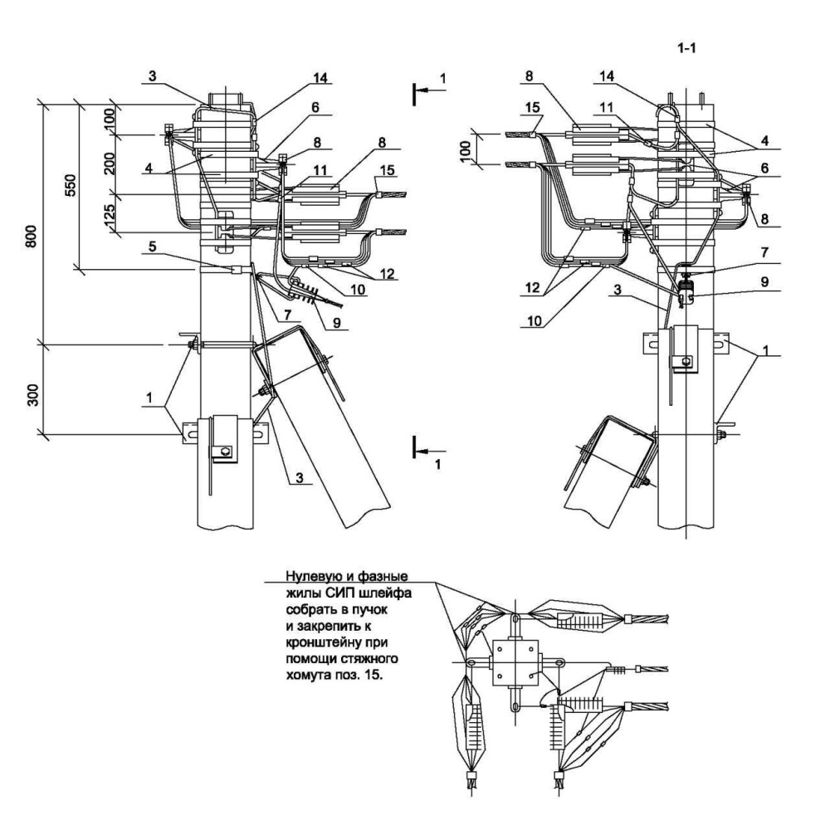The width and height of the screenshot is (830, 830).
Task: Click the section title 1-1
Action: click(686, 48)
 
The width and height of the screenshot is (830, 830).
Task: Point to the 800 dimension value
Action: click(32, 236)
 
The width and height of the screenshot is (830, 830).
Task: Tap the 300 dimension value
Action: click(33, 395)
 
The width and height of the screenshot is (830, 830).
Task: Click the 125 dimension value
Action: click(110, 214)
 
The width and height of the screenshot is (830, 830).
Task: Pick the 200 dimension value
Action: click(110, 162)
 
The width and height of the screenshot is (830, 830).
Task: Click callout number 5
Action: click(152, 247)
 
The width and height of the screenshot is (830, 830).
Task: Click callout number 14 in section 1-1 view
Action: click(607, 76)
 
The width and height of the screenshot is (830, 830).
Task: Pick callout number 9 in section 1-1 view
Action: click(765, 282)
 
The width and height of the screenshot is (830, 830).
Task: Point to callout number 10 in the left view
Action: click(358, 290)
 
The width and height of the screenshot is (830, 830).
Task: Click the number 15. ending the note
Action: click(373, 676)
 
